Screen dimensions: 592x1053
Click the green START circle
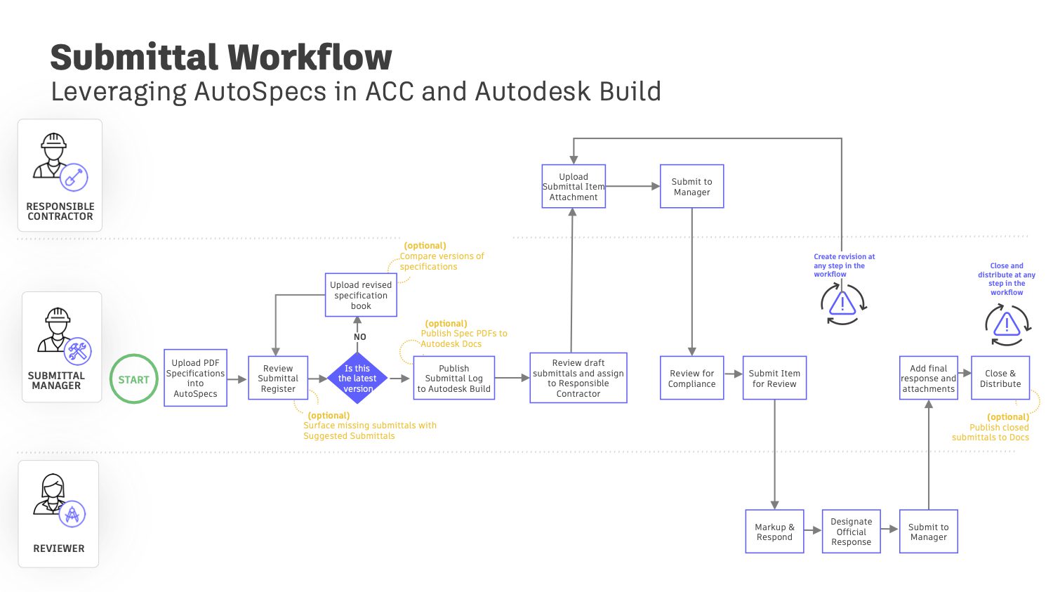pyautogui.click(x=133, y=379)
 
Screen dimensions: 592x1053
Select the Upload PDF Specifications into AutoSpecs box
pyautogui.click(x=195, y=378)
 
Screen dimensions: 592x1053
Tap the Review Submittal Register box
pyautogui.click(x=278, y=378)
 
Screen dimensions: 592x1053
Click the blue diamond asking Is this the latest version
pyautogui.click(x=357, y=378)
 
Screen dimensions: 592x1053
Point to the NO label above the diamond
pyautogui.click(x=360, y=337)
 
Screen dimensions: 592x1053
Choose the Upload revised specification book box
pyautogui.click(x=361, y=295)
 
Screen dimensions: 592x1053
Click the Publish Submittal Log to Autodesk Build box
pyautogui.click(x=453, y=378)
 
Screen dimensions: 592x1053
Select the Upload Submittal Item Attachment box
pyautogui.click(x=574, y=186)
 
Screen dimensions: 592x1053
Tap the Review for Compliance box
pyautogui.click(x=691, y=378)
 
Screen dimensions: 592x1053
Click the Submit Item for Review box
pyautogui.click(x=774, y=378)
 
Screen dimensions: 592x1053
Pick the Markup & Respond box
pyautogui.click(x=774, y=532)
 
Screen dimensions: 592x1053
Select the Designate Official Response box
pyautogui.click(x=851, y=532)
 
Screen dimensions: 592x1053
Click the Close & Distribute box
pyautogui.click(x=1000, y=378)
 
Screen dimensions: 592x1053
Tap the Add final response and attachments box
pyautogui.click(x=928, y=378)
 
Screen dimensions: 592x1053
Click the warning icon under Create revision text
pyautogui.click(x=842, y=303)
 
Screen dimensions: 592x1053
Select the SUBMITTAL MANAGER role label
pyautogui.click(x=55, y=381)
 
